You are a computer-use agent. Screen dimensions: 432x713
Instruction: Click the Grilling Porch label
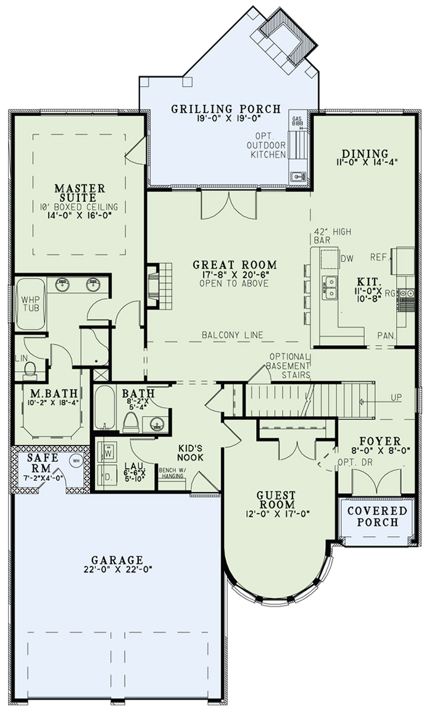click(x=225, y=109)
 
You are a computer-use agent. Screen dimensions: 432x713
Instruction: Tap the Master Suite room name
click(x=79, y=193)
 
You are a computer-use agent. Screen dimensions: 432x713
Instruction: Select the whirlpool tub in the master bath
click(x=30, y=304)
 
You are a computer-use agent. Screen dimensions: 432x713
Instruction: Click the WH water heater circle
click(x=76, y=461)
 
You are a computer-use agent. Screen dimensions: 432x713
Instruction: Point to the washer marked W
click(x=108, y=453)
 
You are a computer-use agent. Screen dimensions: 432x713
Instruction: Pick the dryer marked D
click(x=108, y=477)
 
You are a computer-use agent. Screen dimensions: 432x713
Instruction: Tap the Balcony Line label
click(x=233, y=335)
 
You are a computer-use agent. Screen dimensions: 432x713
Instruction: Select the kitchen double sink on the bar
click(x=330, y=288)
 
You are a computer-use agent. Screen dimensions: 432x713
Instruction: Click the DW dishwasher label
click(x=347, y=259)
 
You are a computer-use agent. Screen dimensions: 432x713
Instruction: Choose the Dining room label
click(x=365, y=154)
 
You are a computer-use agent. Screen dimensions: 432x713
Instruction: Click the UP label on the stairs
click(x=396, y=398)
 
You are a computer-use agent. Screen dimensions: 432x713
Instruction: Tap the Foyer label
click(x=380, y=441)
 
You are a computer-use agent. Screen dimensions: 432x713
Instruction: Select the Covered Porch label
click(x=378, y=516)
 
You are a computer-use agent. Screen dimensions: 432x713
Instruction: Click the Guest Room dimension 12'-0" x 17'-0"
click(x=276, y=514)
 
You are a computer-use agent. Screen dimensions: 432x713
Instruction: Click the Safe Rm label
click(x=43, y=462)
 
